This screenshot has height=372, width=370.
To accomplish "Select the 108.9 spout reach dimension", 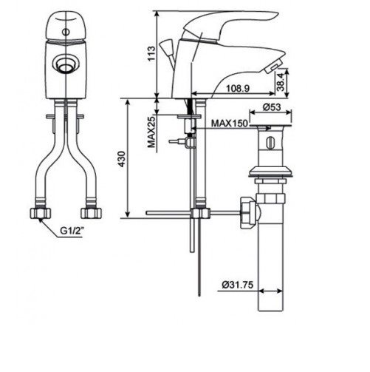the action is pyautogui.click(x=238, y=89).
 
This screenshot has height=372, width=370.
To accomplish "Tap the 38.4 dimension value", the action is pyautogui.click(x=281, y=82).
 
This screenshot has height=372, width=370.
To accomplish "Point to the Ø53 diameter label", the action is pyautogui.click(x=272, y=107).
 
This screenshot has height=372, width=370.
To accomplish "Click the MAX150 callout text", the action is pyautogui.click(x=230, y=124).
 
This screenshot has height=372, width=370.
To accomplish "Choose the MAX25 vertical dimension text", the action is pyautogui.click(x=152, y=132).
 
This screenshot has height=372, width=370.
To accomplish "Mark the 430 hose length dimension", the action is pyautogui.click(x=122, y=159).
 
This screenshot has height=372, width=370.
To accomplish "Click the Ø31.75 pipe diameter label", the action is pyautogui.click(x=238, y=285).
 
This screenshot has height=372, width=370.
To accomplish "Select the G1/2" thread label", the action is pyautogui.click(x=72, y=231).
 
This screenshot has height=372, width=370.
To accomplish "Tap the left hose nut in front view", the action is pyautogui.click(x=40, y=213).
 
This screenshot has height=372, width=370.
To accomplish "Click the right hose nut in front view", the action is pyautogui.click(x=91, y=213).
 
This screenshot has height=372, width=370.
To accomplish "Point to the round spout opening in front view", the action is pyautogui.click(x=65, y=64).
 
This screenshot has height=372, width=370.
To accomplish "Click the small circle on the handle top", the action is pyautogui.click(x=66, y=32).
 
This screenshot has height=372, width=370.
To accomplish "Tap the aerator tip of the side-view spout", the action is pyautogui.click(x=273, y=67).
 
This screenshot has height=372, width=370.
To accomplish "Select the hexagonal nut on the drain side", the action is pyautogui.click(x=247, y=212).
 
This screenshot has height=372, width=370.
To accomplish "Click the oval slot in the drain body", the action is pyautogui.click(x=270, y=142).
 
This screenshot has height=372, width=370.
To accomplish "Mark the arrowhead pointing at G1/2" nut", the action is pyautogui.click(x=40, y=220).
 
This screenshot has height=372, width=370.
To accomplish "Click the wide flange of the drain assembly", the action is pyautogui.click(x=270, y=172).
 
